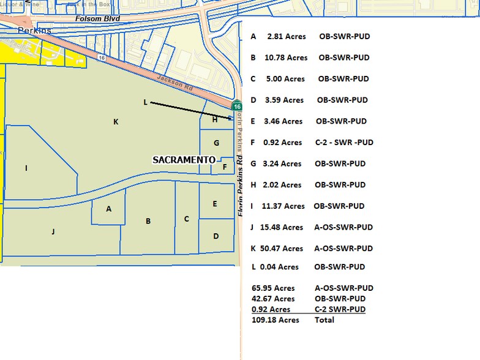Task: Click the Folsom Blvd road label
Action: click(x=97, y=19)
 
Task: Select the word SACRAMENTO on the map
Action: click(x=184, y=160)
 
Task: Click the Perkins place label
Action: click(x=35, y=31)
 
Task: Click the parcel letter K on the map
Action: click(x=116, y=122)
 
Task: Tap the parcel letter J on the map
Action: click(x=53, y=231)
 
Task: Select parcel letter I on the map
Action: click(x=26, y=168)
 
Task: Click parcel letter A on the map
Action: click(x=109, y=209)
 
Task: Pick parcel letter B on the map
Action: click(x=148, y=221)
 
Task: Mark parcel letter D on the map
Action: click(x=216, y=236)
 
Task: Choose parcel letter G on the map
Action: click(x=216, y=143)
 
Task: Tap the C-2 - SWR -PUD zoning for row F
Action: click(x=344, y=143)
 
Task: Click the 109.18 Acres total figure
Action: click(x=275, y=320)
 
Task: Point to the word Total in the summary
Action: click(x=324, y=320)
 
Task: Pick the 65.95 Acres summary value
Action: click(x=273, y=288)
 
